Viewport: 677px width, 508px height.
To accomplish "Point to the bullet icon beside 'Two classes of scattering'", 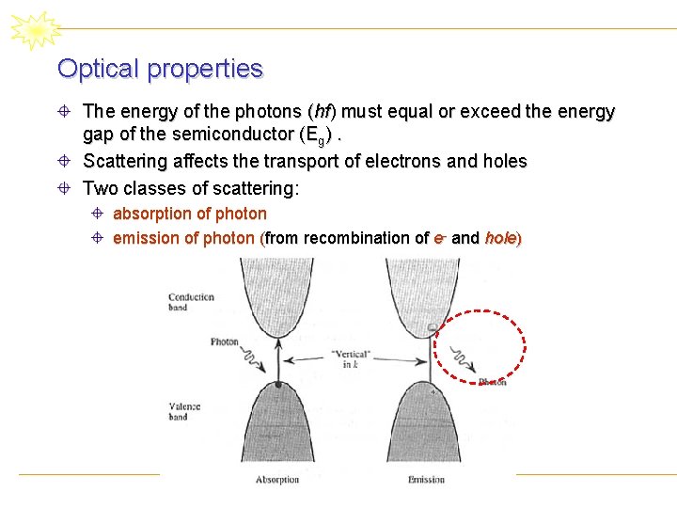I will [x=65, y=187].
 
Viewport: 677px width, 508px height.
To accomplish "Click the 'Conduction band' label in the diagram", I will [x=191, y=302].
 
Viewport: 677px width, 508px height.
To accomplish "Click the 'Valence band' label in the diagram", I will [x=184, y=411].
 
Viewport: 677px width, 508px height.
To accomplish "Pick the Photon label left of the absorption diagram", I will [x=224, y=342].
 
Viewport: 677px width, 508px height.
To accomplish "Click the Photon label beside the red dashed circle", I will [x=492, y=381].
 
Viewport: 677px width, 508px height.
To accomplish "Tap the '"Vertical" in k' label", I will [x=350, y=358].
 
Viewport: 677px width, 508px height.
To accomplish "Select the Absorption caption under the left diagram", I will [x=277, y=480].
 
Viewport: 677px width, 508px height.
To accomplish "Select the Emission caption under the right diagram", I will [x=426, y=480].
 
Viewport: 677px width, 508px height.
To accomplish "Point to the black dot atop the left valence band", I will [x=277, y=384].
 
